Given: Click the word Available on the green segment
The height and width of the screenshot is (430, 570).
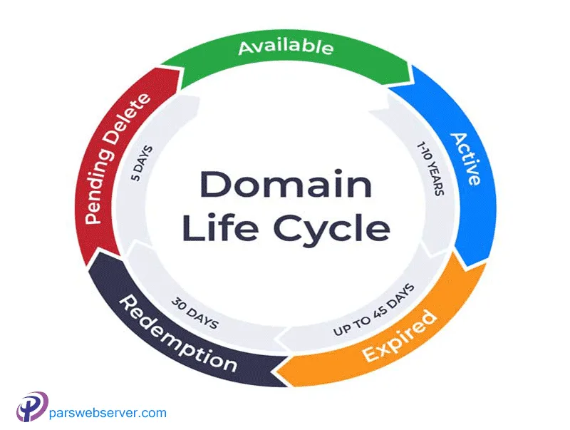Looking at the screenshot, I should [285, 48].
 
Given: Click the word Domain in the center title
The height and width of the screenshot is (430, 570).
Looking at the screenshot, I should [285, 185].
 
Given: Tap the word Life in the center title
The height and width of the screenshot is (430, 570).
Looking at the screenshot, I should [212, 229].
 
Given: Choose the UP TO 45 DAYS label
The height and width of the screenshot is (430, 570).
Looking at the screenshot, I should [372, 314].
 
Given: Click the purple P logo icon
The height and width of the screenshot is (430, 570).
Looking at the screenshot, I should [31, 409].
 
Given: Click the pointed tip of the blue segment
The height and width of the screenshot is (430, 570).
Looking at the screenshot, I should [465, 265].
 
